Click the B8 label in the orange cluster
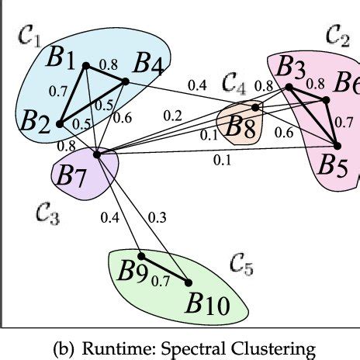[239, 127]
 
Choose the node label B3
[290, 69]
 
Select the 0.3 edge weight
[157, 218]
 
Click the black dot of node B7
[97, 154]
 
